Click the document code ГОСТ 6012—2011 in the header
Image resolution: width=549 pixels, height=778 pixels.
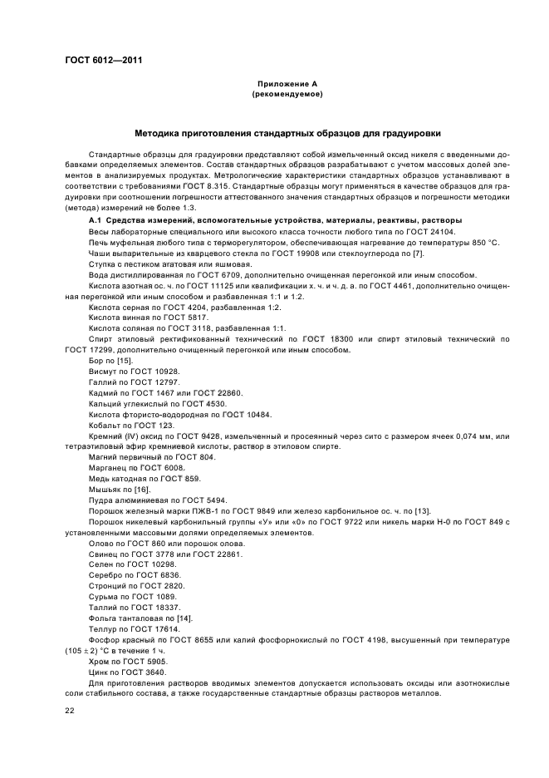pos(97,60)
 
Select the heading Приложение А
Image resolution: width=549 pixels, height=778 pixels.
pos(287,84)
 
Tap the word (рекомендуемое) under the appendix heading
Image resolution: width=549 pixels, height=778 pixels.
pos(287,95)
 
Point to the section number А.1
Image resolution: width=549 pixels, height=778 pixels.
pos(96,219)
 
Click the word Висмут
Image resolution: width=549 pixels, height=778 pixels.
pos(103,371)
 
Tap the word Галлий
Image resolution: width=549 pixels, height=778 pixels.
pos(103,382)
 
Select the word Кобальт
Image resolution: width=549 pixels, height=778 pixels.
pos(105,425)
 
